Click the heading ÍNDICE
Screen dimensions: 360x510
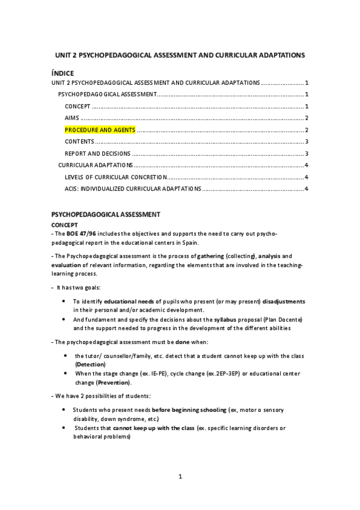[x=63, y=73]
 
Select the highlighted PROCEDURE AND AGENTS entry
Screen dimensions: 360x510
[x=100, y=130]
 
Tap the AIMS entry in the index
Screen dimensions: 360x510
[x=72, y=118]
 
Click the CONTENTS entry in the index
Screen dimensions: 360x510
[x=79, y=142]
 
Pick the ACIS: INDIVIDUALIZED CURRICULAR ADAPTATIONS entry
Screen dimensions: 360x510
[x=133, y=189]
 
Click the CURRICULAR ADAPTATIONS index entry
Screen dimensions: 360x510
[x=95, y=165]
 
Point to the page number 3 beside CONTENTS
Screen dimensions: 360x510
[x=307, y=142]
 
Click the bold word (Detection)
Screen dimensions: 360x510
[x=90, y=364]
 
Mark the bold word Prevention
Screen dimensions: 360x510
[x=114, y=382]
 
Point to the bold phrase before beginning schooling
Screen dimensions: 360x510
[x=189, y=410]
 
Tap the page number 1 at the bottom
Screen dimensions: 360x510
[x=180, y=477]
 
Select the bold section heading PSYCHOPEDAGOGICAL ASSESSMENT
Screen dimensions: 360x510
[x=105, y=214]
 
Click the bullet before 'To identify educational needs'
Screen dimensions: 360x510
[x=64, y=301]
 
